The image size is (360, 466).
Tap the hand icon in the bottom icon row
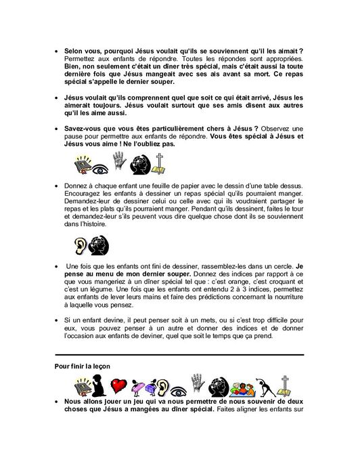198,384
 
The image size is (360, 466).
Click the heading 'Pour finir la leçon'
83,366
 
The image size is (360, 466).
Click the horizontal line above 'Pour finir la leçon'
179,354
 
